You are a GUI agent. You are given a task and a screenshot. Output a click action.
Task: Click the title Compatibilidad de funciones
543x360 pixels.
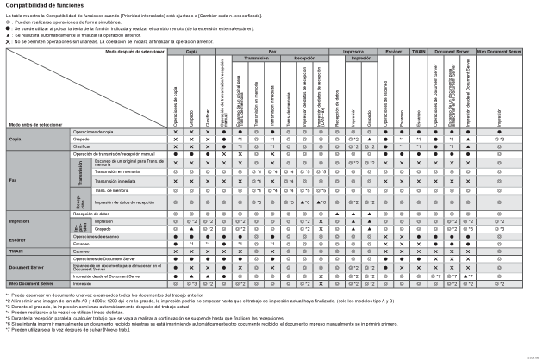pos(44,6)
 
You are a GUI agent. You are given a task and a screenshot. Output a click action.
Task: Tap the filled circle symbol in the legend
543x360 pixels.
pos(8,27)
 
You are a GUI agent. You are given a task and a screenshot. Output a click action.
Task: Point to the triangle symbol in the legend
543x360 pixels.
pos(8,34)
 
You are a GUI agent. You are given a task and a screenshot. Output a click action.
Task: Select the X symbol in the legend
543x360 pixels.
pos(8,40)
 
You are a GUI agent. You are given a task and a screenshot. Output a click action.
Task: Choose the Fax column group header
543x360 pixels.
pos(272,53)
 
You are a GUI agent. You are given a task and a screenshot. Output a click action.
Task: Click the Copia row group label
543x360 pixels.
pos(15,139)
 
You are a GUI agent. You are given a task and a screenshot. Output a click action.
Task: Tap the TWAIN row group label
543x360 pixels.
pos(16,251)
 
